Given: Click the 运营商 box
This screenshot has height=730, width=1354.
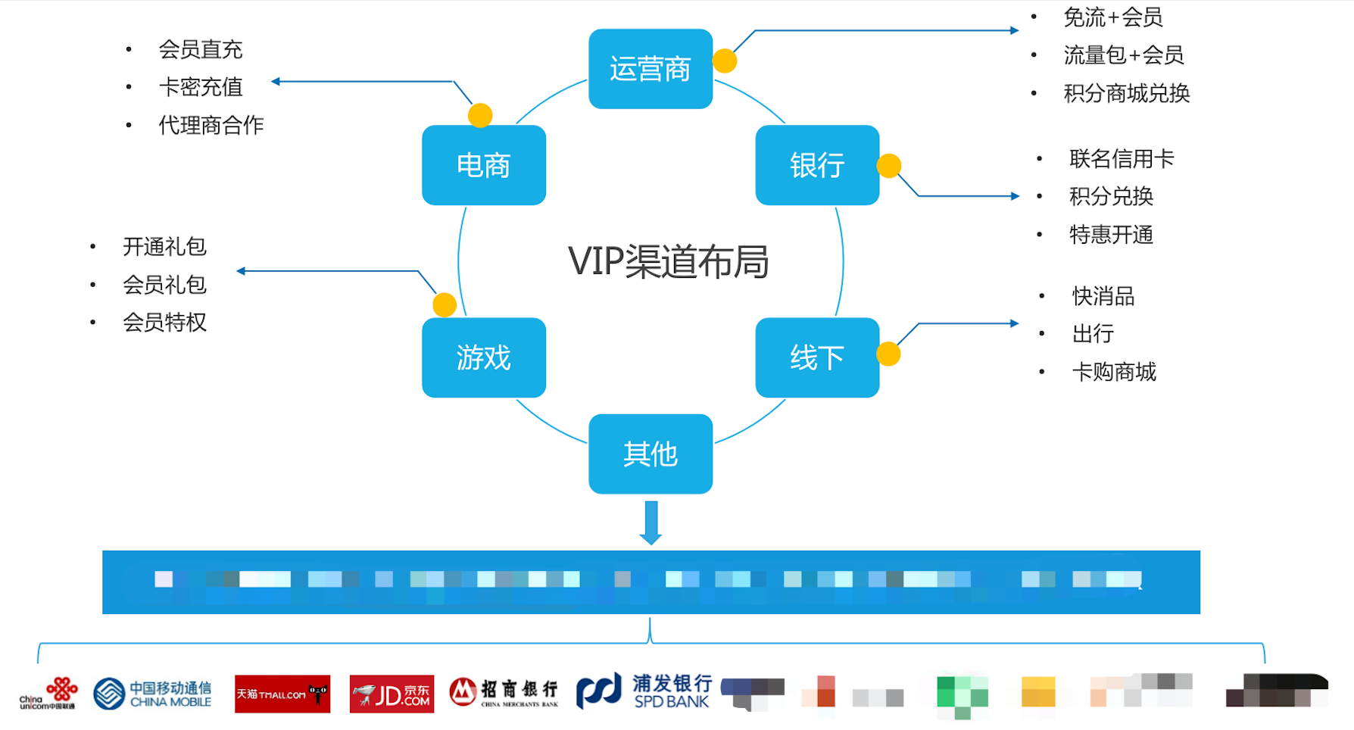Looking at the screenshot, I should [x=650, y=69].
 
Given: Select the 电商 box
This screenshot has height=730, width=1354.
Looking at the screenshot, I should [x=483, y=165].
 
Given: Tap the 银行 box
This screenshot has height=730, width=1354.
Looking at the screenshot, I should [x=816, y=165].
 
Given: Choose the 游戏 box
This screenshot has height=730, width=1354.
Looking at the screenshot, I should [x=483, y=357].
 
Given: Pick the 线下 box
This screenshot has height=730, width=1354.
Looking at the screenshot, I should [x=816, y=357].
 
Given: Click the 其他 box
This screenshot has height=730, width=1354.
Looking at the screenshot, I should [x=650, y=454].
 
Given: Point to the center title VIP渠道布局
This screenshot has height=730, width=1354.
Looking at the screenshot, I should [x=668, y=262].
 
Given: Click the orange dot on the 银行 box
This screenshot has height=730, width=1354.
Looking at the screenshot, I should [x=888, y=166].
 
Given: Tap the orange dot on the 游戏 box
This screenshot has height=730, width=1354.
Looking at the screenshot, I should [x=445, y=304].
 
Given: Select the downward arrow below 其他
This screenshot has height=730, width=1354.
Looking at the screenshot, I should [x=650, y=523].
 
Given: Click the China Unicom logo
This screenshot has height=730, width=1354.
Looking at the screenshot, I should [x=48, y=693].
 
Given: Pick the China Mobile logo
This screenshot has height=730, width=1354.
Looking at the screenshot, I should [x=153, y=694].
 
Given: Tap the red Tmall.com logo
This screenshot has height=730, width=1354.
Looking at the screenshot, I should [x=282, y=694].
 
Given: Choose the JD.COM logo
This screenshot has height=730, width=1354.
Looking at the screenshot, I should [x=392, y=694].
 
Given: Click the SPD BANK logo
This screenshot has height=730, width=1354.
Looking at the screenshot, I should [x=644, y=691].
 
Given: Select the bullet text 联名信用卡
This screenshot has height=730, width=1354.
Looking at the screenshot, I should [x=1121, y=159].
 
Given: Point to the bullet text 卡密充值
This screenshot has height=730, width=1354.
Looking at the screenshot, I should [x=201, y=87].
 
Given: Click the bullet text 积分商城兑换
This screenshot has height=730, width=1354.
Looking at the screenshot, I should [x=1126, y=94].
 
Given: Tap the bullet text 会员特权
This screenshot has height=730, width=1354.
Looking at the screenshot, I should [x=164, y=323].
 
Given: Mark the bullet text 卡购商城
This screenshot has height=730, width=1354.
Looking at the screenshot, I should [x=1113, y=372].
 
